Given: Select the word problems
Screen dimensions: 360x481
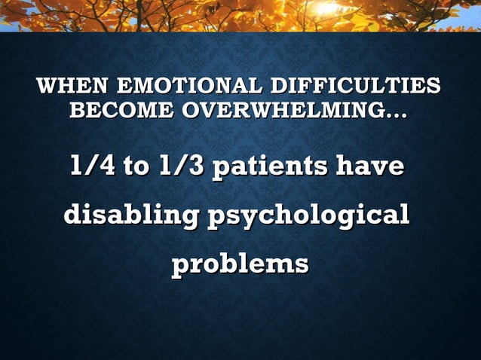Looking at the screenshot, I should (x=240, y=265).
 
